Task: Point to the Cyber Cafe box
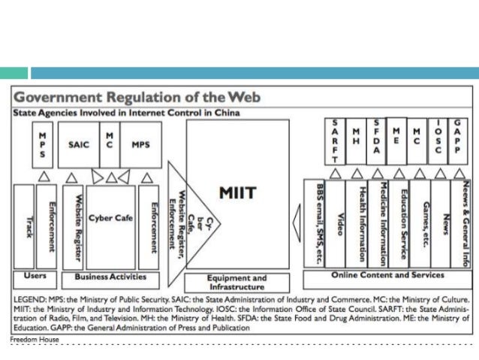pos(110,218)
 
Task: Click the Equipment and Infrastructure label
pos(236,282)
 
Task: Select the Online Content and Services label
pos(387,276)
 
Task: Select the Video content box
pos(339,222)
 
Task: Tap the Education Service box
pos(403,222)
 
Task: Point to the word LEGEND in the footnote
pos(30,298)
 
